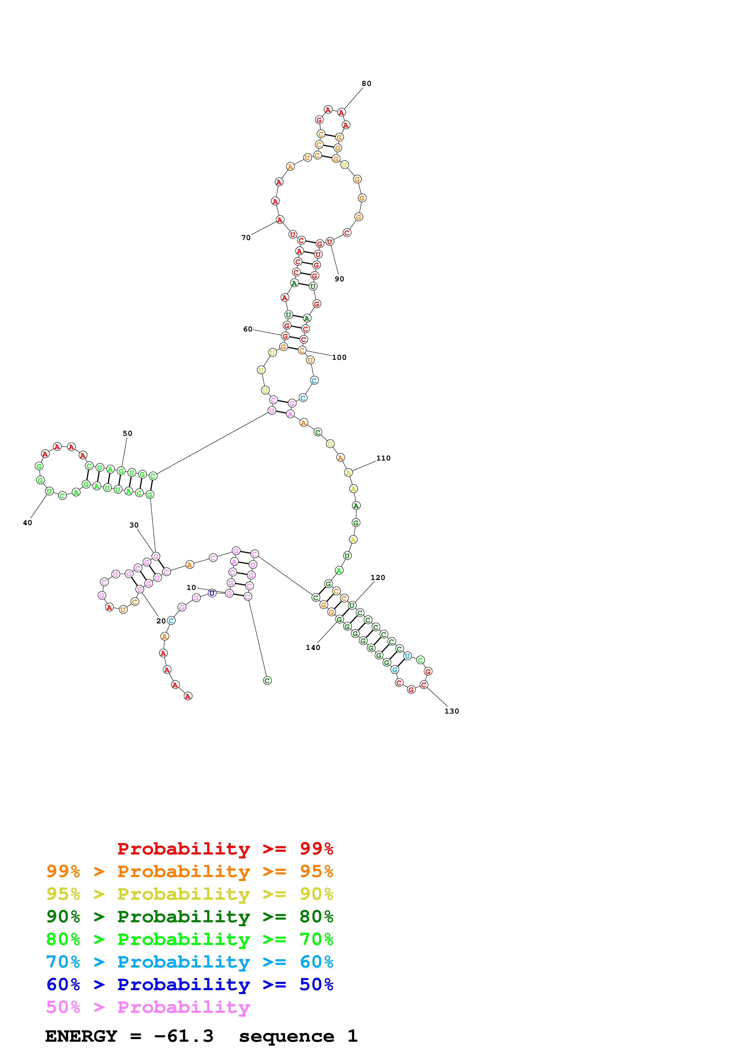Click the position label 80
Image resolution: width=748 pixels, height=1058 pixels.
pos(366,84)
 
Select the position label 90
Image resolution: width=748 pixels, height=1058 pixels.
pos(339,279)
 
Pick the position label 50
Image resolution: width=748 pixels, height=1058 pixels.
pos(128,434)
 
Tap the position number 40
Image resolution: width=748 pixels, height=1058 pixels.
pos(28,523)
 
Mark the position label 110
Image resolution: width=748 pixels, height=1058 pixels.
pos(384,458)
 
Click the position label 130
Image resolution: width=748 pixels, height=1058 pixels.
pos(452,711)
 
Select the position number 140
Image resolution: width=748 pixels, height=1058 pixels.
pos(313,648)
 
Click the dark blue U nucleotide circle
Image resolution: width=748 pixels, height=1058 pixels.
pos(212,593)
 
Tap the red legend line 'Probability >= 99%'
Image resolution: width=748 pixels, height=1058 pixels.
pos(225,849)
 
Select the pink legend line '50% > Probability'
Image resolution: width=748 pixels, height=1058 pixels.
pos(148,1007)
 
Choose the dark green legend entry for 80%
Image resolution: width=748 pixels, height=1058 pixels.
pos(189,917)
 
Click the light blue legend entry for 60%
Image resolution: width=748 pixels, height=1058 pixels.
pos(189,962)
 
